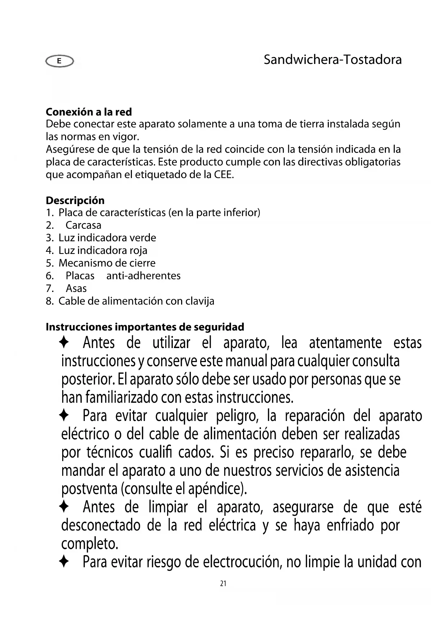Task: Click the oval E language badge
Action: coord(59,61)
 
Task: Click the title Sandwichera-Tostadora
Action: coord(332,60)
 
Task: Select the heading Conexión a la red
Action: coord(89,112)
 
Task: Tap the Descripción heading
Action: coord(75,200)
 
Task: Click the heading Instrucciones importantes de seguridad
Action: coord(145,327)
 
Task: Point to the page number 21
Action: coord(223,584)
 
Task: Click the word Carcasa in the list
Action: coord(83,225)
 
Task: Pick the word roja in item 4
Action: coord(138,250)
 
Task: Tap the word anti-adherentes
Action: coord(143,276)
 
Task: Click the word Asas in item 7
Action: coord(76,288)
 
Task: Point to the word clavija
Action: coord(200,301)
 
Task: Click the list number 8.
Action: coord(50,301)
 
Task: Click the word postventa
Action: coord(89,489)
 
